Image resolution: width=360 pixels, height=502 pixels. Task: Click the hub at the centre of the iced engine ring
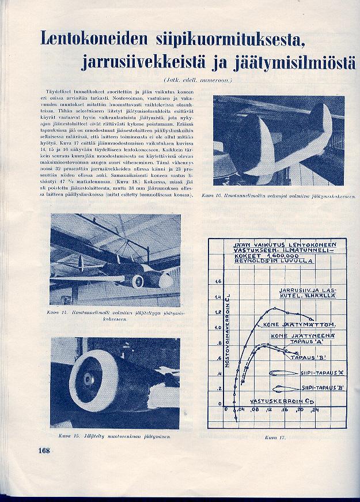(87, 379)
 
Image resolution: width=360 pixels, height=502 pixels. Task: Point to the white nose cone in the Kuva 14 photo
(165, 281)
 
